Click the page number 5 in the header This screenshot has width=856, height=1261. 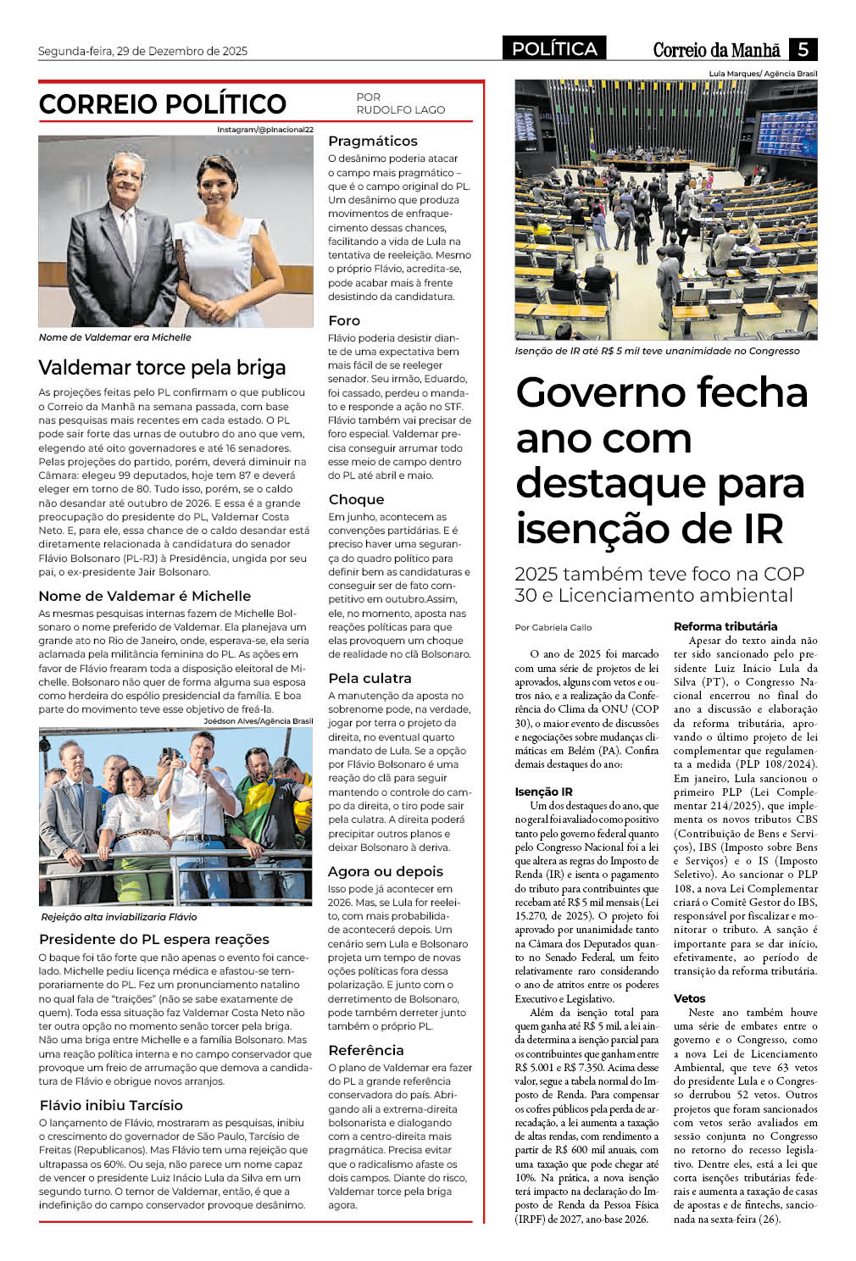tap(803, 49)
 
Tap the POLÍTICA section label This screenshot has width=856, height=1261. tap(554, 49)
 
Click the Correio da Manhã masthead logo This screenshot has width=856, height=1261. tap(716, 50)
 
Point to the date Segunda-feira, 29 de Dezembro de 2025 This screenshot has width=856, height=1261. tap(142, 51)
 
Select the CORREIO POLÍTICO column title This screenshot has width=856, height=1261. tap(163, 104)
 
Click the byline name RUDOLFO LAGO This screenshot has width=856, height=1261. tap(400, 110)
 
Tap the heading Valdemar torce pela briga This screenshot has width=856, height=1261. tap(162, 368)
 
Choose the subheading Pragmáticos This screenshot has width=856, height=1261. tap(373, 142)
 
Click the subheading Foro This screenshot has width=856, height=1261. tap(344, 321)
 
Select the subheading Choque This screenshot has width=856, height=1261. tap(356, 500)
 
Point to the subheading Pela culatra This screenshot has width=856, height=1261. tap(370, 679)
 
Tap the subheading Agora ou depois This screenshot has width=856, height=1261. tap(386, 872)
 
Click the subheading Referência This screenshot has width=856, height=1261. tap(366, 1051)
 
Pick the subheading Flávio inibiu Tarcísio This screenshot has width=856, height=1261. tap(111, 1106)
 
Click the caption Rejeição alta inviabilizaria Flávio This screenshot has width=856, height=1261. tap(119, 917)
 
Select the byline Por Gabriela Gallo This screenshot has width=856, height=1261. tap(553, 628)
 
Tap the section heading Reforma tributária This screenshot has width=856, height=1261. tap(725, 627)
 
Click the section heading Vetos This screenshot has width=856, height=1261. tap(689, 999)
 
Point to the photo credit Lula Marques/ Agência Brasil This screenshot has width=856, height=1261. tap(763, 74)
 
